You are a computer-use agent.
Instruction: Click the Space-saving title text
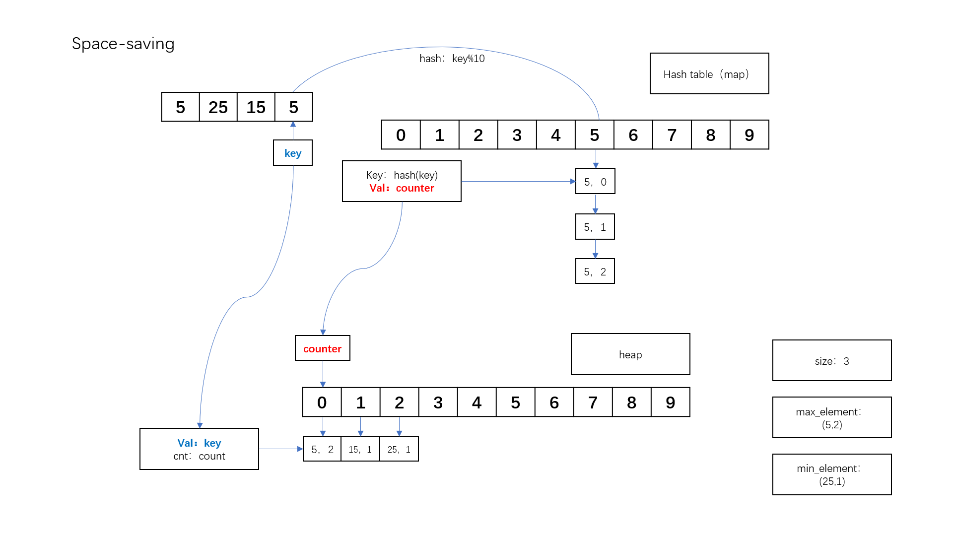[x=123, y=44]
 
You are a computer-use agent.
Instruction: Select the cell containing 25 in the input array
[x=218, y=107]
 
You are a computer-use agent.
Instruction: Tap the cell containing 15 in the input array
[x=256, y=107]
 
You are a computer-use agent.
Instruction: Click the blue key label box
[x=292, y=153]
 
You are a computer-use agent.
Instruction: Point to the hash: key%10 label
[x=452, y=59]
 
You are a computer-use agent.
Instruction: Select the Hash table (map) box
[x=709, y=74]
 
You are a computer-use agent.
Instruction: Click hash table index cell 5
[x=594, y=135]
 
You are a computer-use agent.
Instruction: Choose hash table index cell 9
[x=749, y=135]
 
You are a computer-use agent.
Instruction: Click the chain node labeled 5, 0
[x=595, y=182]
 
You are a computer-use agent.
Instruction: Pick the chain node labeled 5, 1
[x=595, y=227]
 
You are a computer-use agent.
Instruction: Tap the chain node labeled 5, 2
[x=595, y=271]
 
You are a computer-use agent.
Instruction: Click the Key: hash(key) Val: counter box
[x=402, y=181]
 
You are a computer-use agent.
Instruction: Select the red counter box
[x=322, y=348]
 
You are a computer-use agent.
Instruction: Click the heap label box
[x=630, y=354]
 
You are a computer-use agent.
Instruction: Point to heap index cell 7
[x=593, y=402]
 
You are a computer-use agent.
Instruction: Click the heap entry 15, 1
[x=360, y=449]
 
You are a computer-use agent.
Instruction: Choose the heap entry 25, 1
[x=399, y=449]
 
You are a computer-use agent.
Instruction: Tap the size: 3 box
[x=831, y=361]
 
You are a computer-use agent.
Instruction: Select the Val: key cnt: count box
[x=199, y=449]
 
